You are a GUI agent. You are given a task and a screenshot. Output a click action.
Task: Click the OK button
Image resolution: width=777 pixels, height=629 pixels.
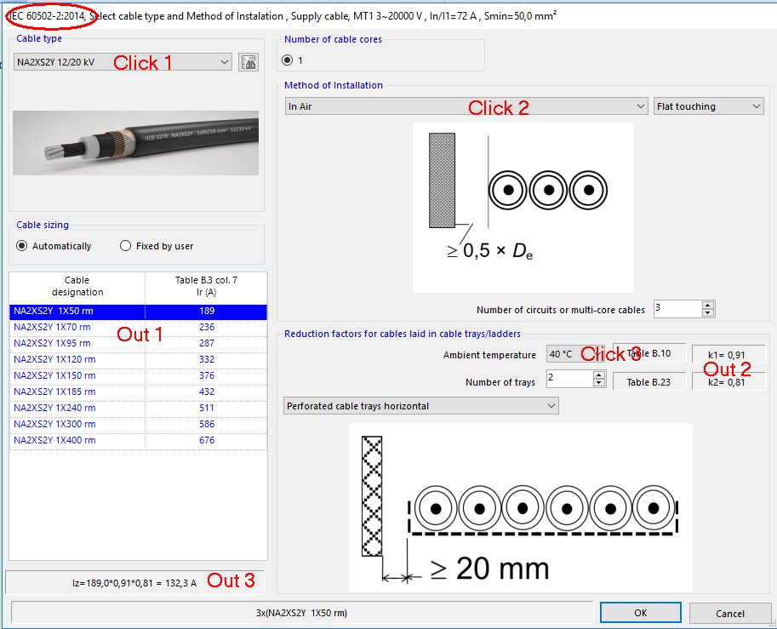point(640,613)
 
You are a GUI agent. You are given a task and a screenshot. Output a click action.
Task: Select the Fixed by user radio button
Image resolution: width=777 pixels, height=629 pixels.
point(126,246)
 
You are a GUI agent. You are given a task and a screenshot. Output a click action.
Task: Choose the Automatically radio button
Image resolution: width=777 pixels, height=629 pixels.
point(24,246)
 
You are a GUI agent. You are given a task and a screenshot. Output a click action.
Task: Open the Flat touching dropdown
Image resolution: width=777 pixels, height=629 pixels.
point(708,106)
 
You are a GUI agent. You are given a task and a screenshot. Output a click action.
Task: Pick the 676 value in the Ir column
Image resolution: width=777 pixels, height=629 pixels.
point(207,440)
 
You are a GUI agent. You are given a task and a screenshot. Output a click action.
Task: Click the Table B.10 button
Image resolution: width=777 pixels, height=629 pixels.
point(648,353)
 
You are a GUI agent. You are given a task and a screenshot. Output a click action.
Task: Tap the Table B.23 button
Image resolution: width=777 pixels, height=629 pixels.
point(648,382)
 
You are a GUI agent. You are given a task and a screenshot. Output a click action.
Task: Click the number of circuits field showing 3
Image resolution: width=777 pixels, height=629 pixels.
point(677,309)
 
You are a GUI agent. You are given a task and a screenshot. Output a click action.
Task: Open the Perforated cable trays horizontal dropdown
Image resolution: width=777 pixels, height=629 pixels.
point(420,406)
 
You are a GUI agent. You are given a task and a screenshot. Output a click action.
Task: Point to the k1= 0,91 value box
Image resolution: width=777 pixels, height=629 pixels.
point(728,353)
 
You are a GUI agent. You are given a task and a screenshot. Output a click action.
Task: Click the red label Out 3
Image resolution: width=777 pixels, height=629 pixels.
point(231,580)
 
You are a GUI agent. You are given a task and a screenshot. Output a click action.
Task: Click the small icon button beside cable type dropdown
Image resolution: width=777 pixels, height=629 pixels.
point(249,62)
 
